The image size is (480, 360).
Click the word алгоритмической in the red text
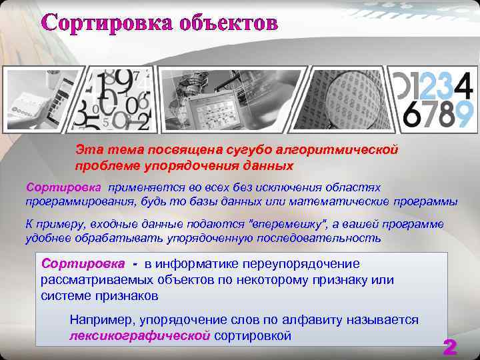347,150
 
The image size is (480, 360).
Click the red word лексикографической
140,335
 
